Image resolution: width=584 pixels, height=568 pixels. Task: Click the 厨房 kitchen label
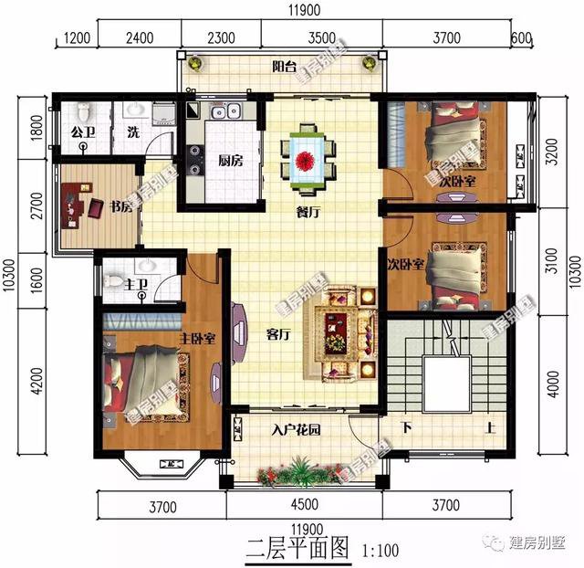[230, 161]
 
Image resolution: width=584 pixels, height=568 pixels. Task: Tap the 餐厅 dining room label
[307, 212]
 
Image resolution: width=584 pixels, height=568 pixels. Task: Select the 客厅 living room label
[277, 334]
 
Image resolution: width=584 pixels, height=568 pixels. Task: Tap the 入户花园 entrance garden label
[296, 429]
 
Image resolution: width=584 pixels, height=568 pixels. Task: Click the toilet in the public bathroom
[84, 111]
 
